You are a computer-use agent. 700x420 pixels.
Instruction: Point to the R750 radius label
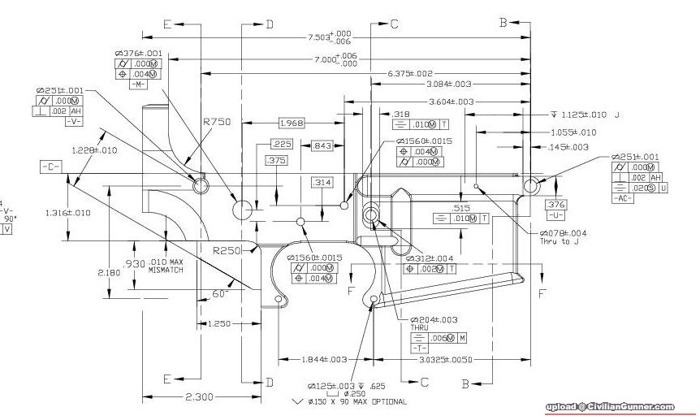click(x=217, y=121)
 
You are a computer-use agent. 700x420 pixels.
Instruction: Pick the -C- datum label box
click(x=50, y=167)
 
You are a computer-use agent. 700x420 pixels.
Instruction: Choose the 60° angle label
click(x=218, y=293)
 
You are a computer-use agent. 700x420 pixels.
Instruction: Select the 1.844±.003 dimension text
click(x=323, y=359)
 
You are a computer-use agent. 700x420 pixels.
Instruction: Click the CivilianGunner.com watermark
click(x=609, y=407)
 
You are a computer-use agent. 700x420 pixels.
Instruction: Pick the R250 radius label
click(x=227, y=250)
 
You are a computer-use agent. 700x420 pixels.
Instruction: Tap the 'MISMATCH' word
click(x=166, y=270)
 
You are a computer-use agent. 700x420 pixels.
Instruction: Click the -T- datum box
click(x=420, y=348)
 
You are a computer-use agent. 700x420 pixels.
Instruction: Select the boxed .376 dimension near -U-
click(x=555, y=204)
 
